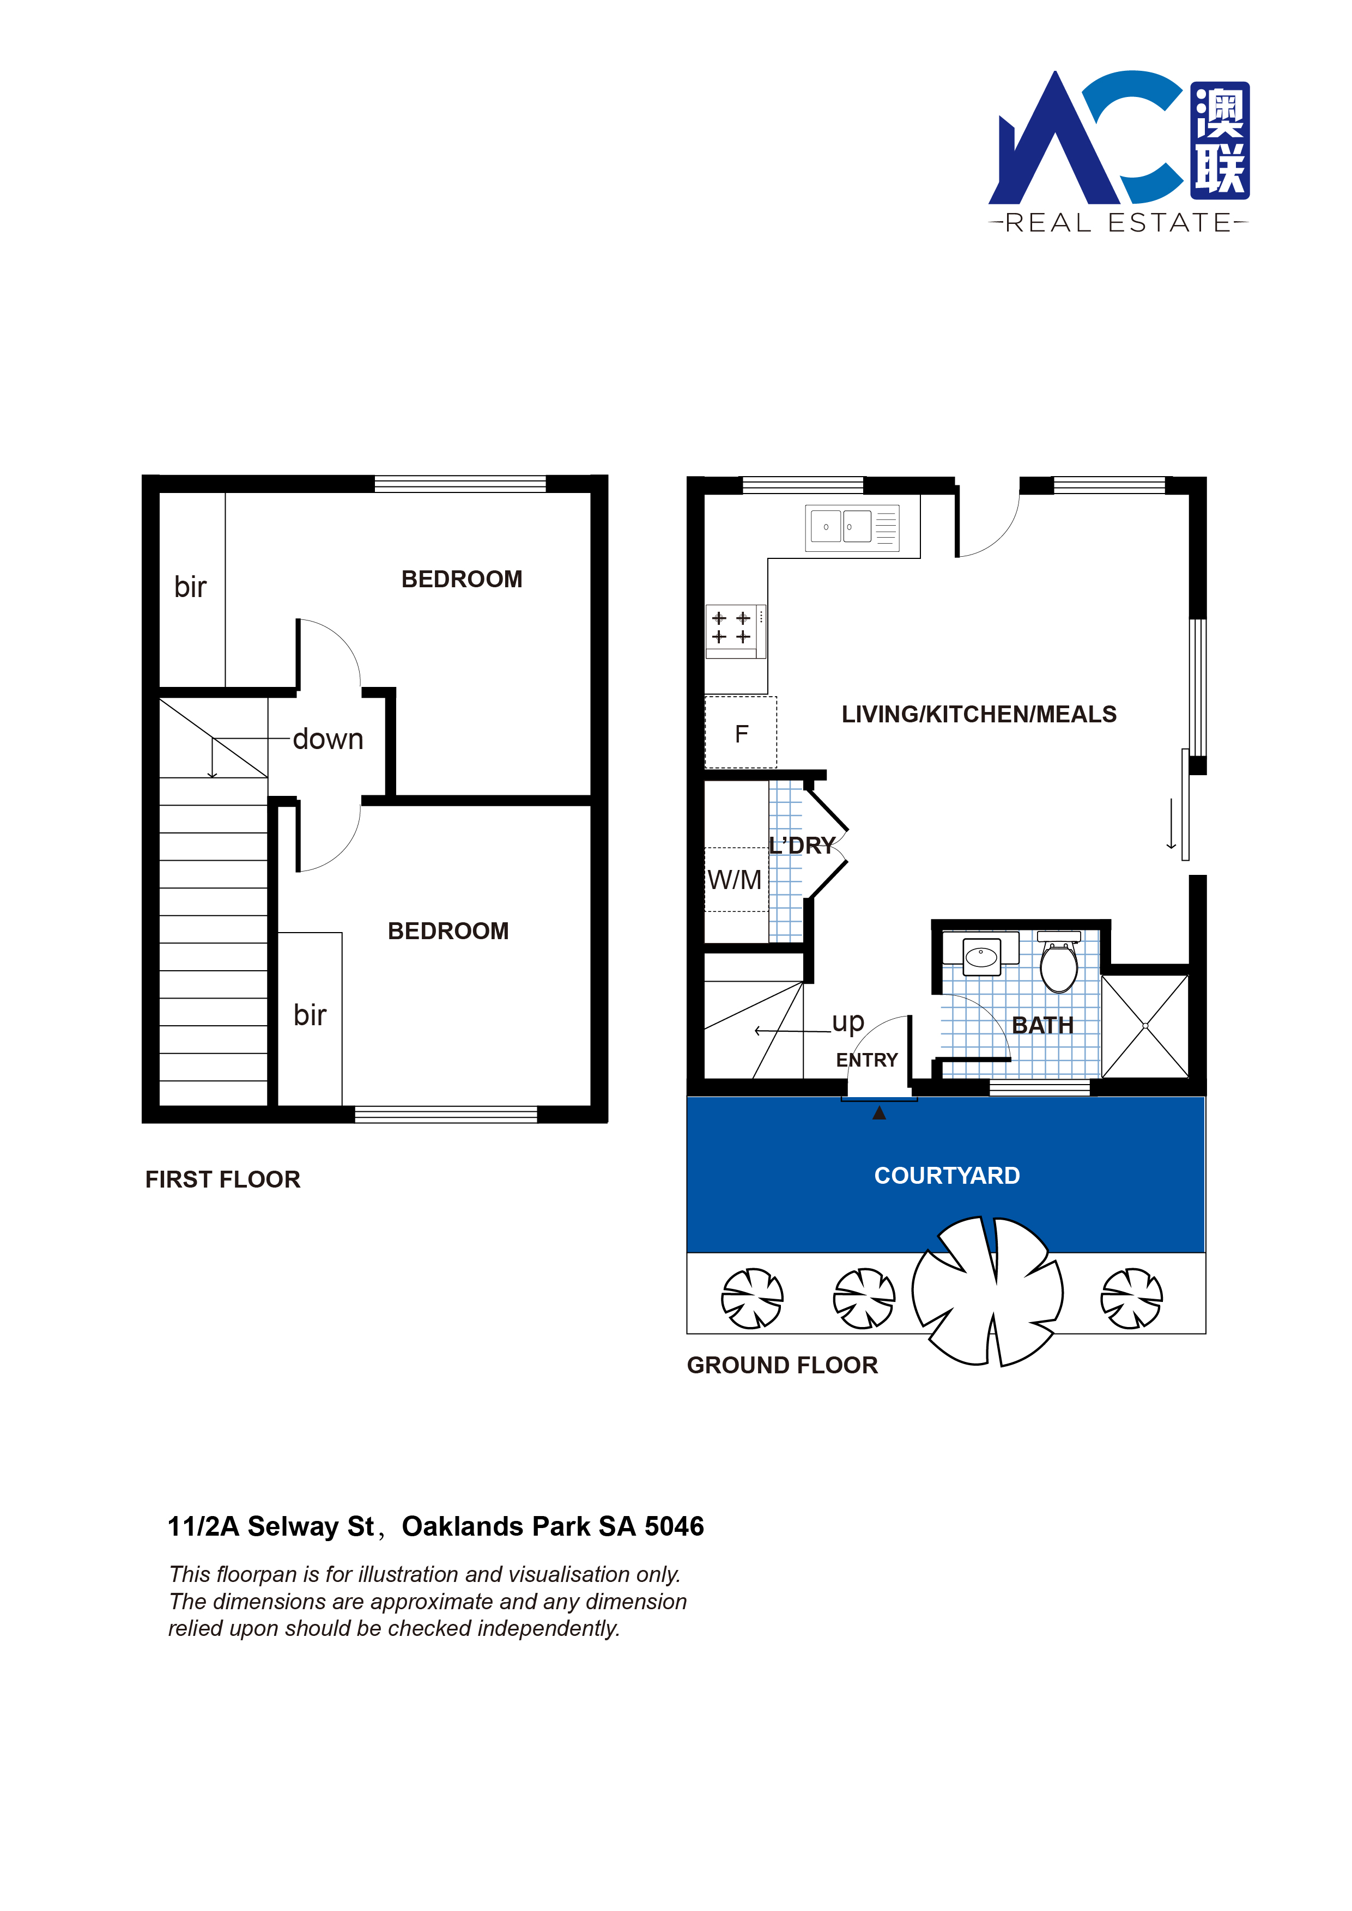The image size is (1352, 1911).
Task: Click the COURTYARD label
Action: (x=947, y=1175)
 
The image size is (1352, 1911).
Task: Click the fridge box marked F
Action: (x=741, y=733)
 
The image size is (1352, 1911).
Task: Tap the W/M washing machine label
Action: (x=734, y=880)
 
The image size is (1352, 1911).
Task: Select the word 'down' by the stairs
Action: (x=328, y=739)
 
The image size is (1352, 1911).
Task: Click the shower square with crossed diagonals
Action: (x=1145, y=1025)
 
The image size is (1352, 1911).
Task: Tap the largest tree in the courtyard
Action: (x=987, y=1291)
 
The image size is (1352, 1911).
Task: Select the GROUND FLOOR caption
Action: (x=783, y=1365)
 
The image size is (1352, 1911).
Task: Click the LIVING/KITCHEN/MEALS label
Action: (x=979, y=714)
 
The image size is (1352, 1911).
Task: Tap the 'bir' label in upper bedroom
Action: (x=190, y=587)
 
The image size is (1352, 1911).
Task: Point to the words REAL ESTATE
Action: (x=1118, y=223)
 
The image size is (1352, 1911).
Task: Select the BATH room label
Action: (x=1042, y=1025)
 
